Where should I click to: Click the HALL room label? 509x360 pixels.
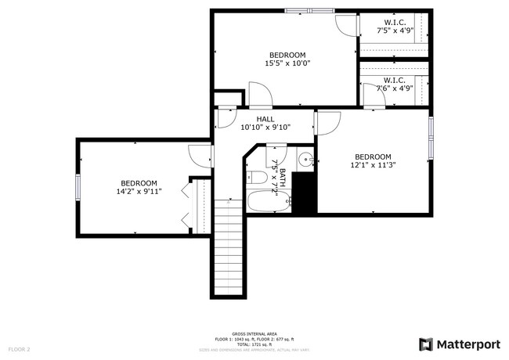tap(265, 118)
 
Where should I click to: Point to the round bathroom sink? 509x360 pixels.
tap(306, 163)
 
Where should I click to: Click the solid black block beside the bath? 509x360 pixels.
tap(305, 194)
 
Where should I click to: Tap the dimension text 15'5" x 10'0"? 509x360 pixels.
tap(287, 63)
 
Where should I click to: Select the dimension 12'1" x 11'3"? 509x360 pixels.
tap(373, 165)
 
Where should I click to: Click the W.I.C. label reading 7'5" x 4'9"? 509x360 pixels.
tap(394, 31)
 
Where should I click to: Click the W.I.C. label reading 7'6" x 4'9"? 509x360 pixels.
tap(394, 88)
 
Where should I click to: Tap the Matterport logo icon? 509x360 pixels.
tap(426, 344)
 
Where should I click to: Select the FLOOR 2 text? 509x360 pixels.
tap(20, 348)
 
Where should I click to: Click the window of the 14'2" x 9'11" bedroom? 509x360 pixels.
tap(78, 188)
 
